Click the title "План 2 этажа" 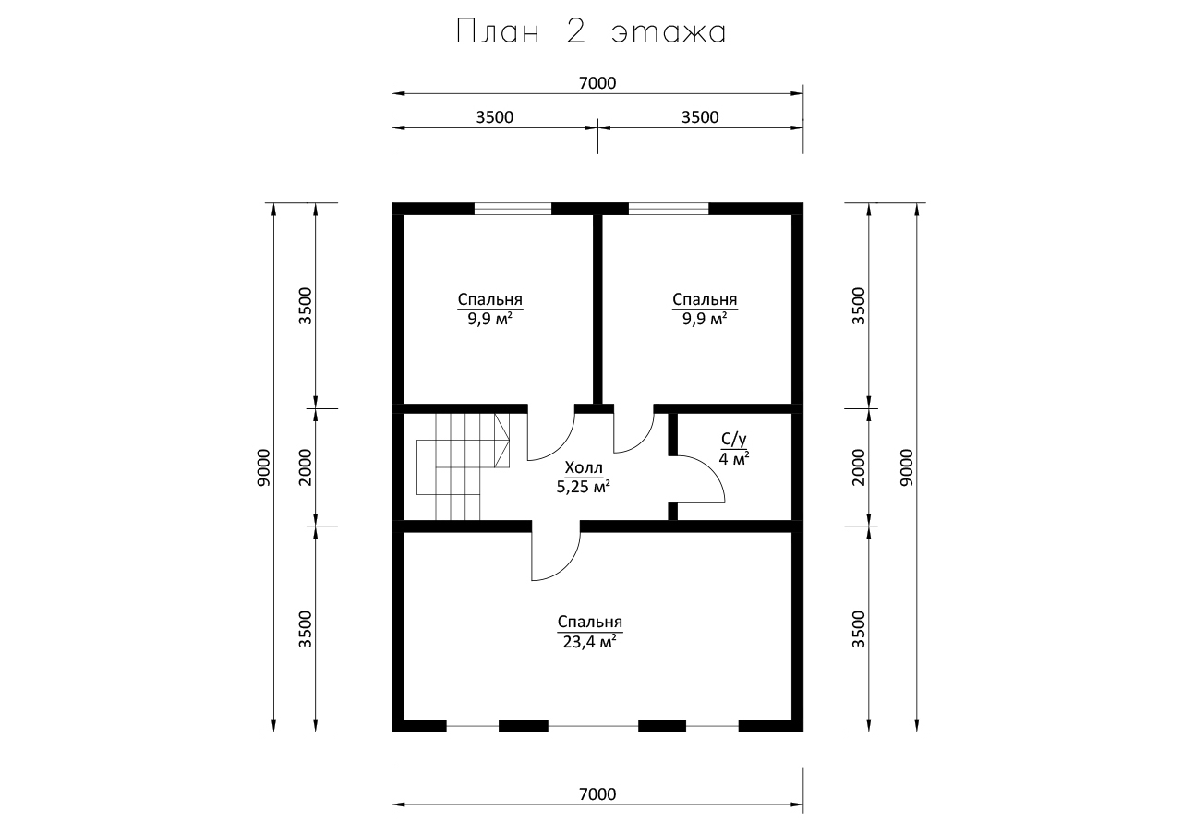click(591, 32)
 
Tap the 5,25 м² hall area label click(584, 487)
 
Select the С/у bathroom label click(734, 439)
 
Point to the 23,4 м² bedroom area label click(590, 642)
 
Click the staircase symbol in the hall click(463, 467)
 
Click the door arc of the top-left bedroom click(562, 445)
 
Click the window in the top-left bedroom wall click(513, 209)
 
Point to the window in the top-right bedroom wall click(669, 209)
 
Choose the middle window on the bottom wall click(593, 726)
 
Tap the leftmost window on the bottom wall click(472, 726)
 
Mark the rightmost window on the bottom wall click(712, 726)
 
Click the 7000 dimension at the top click(597, 83)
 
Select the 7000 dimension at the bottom click(597, 794)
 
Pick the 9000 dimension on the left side click(263, 467)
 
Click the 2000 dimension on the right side click(859, 467)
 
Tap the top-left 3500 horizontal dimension click(494, 117)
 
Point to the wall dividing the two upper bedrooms click(597, 309)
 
